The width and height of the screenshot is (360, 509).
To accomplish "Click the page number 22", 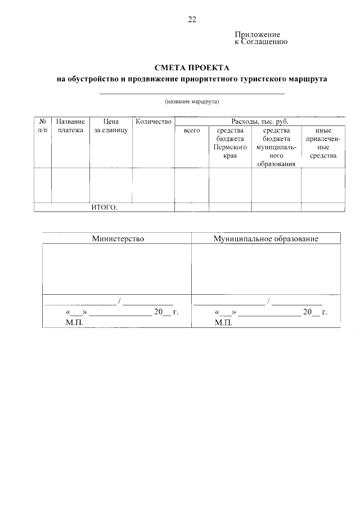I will click(192, 20).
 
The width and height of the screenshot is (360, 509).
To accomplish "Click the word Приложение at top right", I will click(257, 34).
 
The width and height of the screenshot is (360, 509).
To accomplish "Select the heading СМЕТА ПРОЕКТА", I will click(192, 67).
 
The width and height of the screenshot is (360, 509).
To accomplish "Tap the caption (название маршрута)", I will click(192, 102).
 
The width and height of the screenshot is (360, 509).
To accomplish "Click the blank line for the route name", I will click(192, 93).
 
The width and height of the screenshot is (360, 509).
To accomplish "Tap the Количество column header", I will click(153, 121).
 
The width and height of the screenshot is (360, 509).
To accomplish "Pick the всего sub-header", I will click(192, 130).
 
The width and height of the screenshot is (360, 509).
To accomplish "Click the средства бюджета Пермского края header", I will click(229, 143).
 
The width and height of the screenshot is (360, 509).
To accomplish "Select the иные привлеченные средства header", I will click(323, 143).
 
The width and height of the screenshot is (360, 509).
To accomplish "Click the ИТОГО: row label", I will click(104, 208).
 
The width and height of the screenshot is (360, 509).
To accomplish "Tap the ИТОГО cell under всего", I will click(192, 208).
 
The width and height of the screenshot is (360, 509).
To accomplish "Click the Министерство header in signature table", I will click(118, 238).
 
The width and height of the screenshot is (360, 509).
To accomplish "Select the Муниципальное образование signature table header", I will click(265, 238).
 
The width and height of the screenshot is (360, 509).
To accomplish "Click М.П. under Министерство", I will click(74, 323).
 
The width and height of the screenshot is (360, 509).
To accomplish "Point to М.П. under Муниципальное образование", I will click(223, 323).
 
